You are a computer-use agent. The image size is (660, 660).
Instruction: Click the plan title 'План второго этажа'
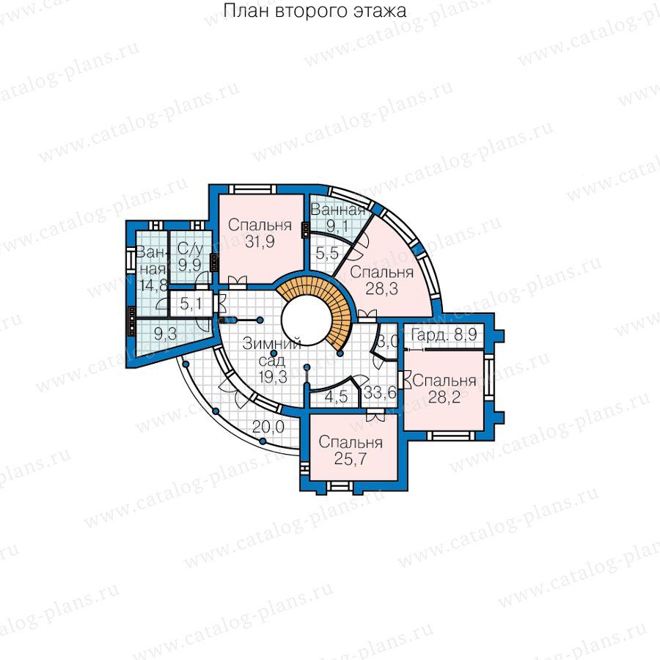[x=315, y=11]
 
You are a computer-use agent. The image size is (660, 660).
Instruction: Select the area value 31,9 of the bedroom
[x=260, y=241]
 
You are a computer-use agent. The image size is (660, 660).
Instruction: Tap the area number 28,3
[x=382, y=289]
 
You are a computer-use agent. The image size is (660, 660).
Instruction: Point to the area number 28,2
[x=444, y=397]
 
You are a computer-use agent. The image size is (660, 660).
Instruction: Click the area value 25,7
[x=351, y=458]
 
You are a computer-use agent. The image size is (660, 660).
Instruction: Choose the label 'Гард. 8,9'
[x=444, y=335]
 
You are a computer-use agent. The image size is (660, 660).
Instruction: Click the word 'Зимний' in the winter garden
[x=271, y=343]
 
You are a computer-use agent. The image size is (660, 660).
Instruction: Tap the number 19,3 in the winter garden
[x=273, y=377]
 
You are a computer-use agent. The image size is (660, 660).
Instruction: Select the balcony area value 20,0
[x=268, y=427]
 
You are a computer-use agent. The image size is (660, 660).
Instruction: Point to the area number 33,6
[x=380, y=393]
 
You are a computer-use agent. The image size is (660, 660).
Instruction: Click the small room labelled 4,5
[x=336, y=397]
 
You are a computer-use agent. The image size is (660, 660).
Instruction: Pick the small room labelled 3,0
[x=387, y=341]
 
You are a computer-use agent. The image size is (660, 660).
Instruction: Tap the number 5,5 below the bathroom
[x=327, y=254]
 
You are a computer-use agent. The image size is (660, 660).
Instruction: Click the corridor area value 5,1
[x=190, y=304]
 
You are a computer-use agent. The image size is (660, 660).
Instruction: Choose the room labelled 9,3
[x=165, y=334]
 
